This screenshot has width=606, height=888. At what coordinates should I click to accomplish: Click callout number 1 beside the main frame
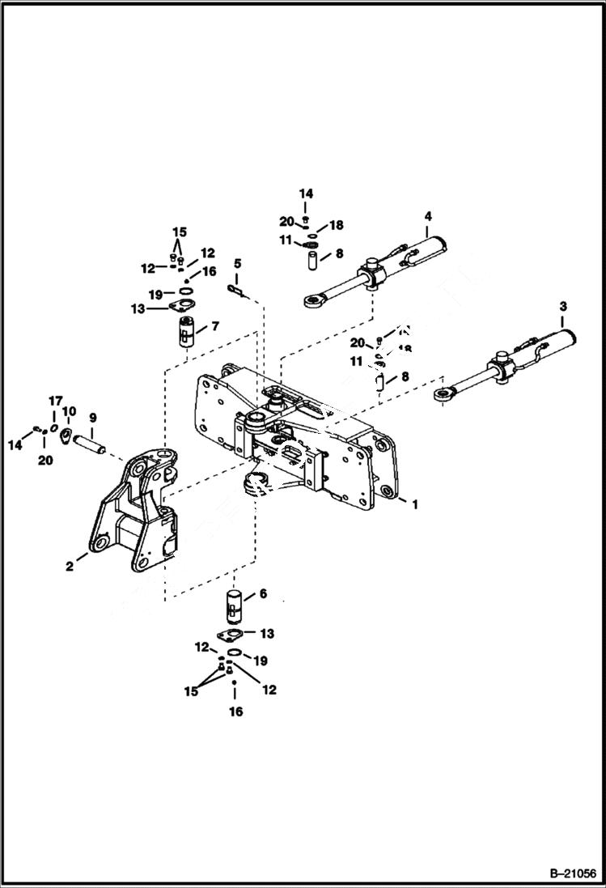[414, 504]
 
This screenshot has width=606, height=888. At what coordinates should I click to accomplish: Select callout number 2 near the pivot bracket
[70, 567]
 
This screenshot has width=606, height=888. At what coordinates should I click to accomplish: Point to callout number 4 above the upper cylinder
[427, 216]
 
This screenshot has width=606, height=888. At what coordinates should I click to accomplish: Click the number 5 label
[237, 264]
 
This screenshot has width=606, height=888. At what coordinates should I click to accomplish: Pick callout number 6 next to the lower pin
[261, 593]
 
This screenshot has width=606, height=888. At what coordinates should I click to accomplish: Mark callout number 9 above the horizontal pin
[93, 418]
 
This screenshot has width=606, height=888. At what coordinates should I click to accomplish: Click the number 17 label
[55, 401]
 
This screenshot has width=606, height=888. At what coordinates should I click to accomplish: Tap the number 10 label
[69, 411]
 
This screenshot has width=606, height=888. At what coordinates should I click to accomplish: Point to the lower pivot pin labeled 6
[234, 605]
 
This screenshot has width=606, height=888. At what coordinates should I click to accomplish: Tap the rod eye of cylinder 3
[441, 394]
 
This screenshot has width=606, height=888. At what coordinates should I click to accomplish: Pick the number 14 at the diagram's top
[306, 194]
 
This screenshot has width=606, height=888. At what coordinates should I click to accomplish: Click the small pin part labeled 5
[235, 288]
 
